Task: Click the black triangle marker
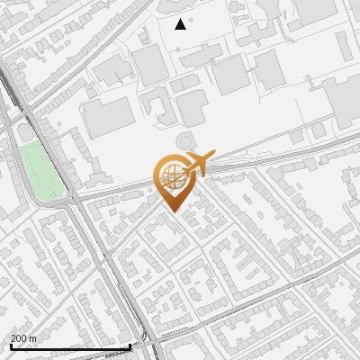pyautogui.click(x=181, y=24)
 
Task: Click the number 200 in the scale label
pyautogui.click(x=20, y=338)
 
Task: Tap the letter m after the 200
pyautogui.click(x=33, y=338)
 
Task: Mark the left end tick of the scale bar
pyautogui.click(x=11, y=346)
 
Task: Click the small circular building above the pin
pyautogui.click(x=184, y=140)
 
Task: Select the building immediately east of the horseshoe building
pyautogui.click(x=191, y=108)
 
